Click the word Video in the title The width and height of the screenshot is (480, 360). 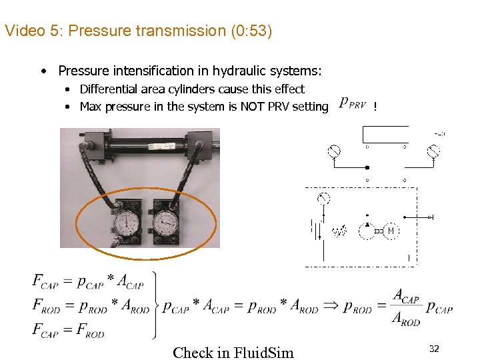22,31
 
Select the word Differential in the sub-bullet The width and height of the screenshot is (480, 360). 111,89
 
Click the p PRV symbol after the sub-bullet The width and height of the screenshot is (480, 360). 352,104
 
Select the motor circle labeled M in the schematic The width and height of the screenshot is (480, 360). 391,231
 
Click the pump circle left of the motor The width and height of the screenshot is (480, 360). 366,231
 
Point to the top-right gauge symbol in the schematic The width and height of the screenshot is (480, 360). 434,153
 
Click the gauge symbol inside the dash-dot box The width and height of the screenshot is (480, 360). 324,199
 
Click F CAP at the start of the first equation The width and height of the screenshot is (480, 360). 45,281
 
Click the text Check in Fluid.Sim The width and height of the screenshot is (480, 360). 233,352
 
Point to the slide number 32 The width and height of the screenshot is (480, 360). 434,349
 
